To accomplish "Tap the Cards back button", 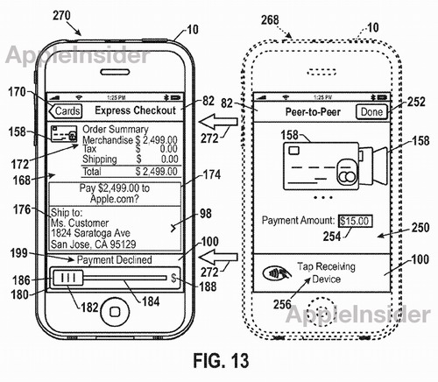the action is pos(66,111).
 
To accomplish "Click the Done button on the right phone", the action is pos(371,112).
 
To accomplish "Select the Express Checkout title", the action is pos(135,110).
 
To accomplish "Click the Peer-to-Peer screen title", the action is pos(313,112).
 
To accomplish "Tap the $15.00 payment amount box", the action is pos(355,221).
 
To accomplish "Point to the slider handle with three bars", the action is pos(68,278).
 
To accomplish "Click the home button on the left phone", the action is pos(115,312).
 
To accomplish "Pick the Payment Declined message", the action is pos(114,259).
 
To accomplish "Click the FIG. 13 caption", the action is pos(221,360).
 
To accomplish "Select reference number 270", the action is pos(61,16).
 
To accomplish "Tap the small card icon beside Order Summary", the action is pos(64,134).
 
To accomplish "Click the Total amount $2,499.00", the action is pos(156,172).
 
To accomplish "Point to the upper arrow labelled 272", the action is pos(218,122).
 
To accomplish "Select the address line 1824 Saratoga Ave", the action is pos(90,233).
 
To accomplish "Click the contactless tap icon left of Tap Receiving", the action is pos(277,273).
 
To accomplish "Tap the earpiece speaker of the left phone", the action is pos(115,72).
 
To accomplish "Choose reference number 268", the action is pos(270,20).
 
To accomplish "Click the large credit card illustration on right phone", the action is pos(321,166).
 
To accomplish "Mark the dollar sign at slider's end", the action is pos(173,278).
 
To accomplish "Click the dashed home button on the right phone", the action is pos(321,310).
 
